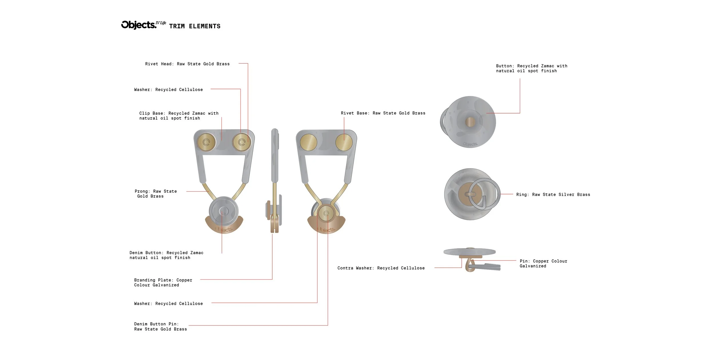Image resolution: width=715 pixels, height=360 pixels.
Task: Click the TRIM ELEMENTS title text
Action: pyautogui.click(x=195, y=26)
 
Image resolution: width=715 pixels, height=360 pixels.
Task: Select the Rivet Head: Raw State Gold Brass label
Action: pyautogui.click(x=187, y=64)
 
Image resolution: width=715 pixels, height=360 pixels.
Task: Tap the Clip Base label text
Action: pyautogui.click(x=179, y=116)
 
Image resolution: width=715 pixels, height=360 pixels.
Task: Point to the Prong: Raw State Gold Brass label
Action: pyautogui.click(x=156, y=194)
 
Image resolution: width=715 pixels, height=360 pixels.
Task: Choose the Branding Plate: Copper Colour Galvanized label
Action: pyautogui.click(x=163, y=283)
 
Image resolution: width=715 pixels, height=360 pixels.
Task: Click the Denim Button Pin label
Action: pyautogui.click(x=160, y=327)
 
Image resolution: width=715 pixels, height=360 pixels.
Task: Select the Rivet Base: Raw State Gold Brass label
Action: pyautogui.click(x=383, y=113)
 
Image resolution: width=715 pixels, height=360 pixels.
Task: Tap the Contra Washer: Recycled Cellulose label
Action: pyautogui.click(x=381, y=268)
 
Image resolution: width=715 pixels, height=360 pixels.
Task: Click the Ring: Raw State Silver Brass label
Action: pyautogui.click(x=553, y=195)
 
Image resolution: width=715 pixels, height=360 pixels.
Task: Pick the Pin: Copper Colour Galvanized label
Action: pyautogui.click(x=543, y=264)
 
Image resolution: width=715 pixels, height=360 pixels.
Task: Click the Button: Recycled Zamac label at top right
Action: pyautogui.click(x=531, y=68)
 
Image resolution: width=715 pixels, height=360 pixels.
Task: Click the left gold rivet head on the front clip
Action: pyautogui.click(x=206, y=142)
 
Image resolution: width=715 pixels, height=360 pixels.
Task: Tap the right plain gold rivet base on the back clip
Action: pyautogui.click(x=344, y=142)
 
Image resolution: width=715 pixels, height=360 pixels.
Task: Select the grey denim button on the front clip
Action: pyautogui.click(x=223, y=212)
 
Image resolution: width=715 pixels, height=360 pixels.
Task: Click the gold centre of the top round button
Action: pyautogui.click(x=470, y=122)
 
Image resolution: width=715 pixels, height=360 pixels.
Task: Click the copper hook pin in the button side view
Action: pyautogui.click(x=469, y=266)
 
